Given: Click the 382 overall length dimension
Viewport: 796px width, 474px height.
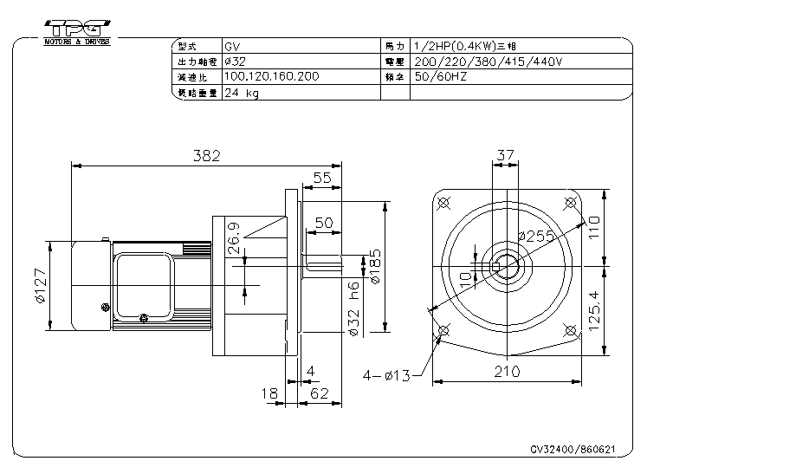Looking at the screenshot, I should pyautogui.click(x=207, y=156).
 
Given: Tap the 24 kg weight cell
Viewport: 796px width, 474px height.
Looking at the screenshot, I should pyautogui.click(x=242, y=93).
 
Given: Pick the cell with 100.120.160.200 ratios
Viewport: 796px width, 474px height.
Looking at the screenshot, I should pyautogui.click(x=271, y=76).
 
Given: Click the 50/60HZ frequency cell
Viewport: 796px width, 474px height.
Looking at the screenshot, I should pyautogui.click(x=442, y=76).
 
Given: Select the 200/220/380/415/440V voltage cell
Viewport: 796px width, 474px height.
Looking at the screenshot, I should pyautogui.click(x=489, y=62).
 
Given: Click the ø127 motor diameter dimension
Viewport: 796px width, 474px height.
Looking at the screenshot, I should pyautogui.click(x=40, y=286).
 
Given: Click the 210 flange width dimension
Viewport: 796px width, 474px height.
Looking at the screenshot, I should pyautogui.click(x=507, y=373).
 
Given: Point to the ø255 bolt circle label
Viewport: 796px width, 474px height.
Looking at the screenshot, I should pyautogui.click(x=535, y=236).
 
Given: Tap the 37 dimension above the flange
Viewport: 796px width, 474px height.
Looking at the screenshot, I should pyautogui.click(x=506, y=155).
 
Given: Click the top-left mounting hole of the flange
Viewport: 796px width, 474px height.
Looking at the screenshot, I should pyautogui.click(x=444, y=204).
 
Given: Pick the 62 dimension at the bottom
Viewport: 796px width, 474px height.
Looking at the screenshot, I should pyautogui.click(x=320, y=394).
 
